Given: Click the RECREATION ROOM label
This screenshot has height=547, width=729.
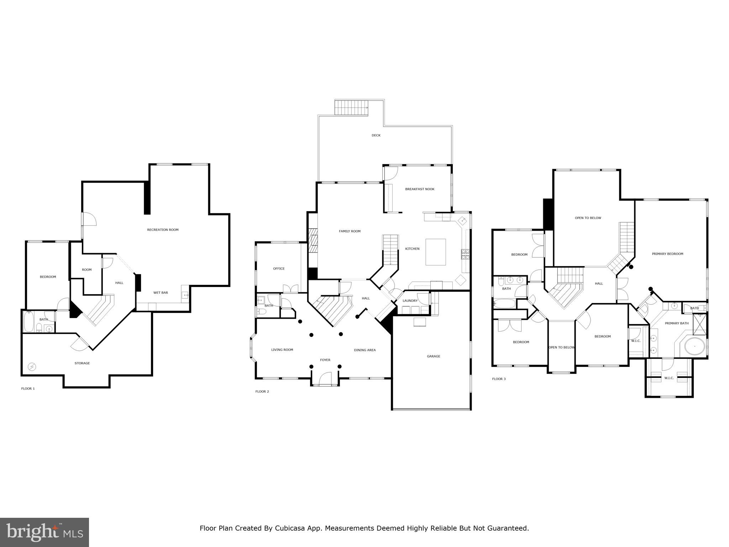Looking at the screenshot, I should tap(163, 230).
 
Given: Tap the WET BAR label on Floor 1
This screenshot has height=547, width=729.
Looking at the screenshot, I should tap(161, 293).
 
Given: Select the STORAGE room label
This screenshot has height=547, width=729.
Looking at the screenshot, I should tap(82, 363).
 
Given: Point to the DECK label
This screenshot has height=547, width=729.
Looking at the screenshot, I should tap(376, 135).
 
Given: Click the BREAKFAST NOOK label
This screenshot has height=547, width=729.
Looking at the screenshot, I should tap(420, 189).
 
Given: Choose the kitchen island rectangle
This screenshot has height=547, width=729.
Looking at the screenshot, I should tap(436, 252).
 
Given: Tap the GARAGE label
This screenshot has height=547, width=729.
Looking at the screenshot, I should tap(434, 356).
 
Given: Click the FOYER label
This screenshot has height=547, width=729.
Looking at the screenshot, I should tap(325, 360).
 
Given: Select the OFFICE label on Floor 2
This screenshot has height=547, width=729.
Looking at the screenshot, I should tap(279, 269).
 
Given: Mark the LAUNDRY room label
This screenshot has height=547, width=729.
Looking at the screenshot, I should tap(410, 301).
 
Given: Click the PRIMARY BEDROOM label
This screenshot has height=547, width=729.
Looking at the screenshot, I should tap(667, 254).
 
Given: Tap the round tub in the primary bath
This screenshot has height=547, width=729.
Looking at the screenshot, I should tap(694, 346).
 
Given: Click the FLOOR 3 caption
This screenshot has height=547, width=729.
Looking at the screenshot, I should tap(499, 379).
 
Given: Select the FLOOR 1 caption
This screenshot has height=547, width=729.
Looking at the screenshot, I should tap(28, 389).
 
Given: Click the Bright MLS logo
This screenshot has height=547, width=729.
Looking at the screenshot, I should tap(44, 532).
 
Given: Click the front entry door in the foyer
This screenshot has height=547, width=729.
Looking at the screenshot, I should tap(325, 379).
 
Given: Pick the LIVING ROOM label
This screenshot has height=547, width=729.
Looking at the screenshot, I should tap(282, 350).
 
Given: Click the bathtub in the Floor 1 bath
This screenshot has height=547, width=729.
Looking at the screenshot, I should tap(29, 322).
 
